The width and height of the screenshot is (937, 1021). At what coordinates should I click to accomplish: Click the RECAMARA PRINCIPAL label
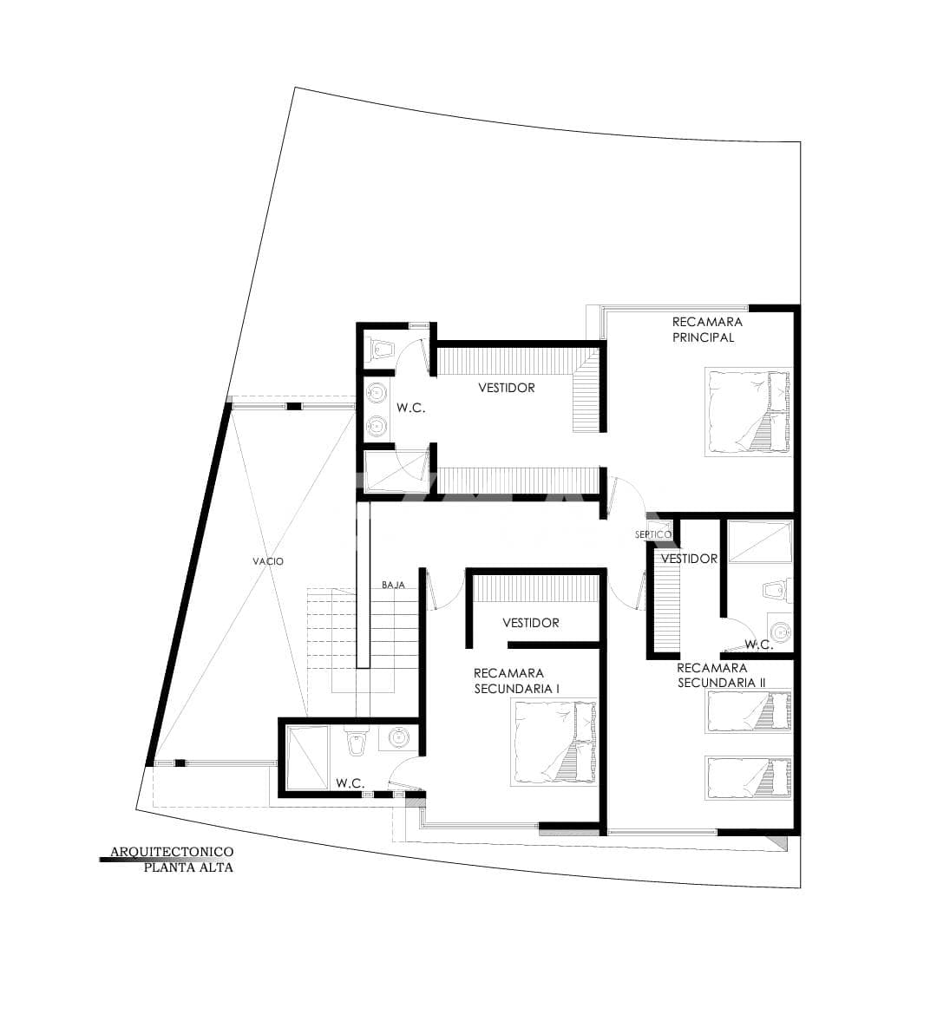point(706,330)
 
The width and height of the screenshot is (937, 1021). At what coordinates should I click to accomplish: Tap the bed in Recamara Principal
point(747,411)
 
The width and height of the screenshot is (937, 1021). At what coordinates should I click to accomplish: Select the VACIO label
point(268,561)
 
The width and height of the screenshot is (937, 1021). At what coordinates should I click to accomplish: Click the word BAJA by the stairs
point(393,585)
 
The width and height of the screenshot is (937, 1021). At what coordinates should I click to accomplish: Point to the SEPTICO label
point(652,534)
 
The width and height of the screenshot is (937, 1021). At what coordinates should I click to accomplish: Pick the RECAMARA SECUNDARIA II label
point(721,675)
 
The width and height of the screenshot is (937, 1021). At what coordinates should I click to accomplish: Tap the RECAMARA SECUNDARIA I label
point(517,680)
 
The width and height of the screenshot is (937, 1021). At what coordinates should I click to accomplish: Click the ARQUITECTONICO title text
point(172,853)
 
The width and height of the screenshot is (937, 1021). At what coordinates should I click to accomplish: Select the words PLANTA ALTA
point(188,867)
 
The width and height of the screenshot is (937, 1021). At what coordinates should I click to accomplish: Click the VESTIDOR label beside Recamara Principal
point(507,388)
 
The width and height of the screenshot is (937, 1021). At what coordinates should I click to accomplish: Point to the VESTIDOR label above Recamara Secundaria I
point(531,623)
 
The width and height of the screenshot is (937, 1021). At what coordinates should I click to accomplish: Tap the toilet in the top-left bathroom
point(381,349)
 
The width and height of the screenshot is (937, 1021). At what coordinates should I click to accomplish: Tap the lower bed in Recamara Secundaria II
point(749,777)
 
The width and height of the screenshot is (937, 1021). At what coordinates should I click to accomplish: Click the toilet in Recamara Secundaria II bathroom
point(775,592)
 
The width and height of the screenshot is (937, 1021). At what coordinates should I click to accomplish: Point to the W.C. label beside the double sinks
point(411,408)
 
